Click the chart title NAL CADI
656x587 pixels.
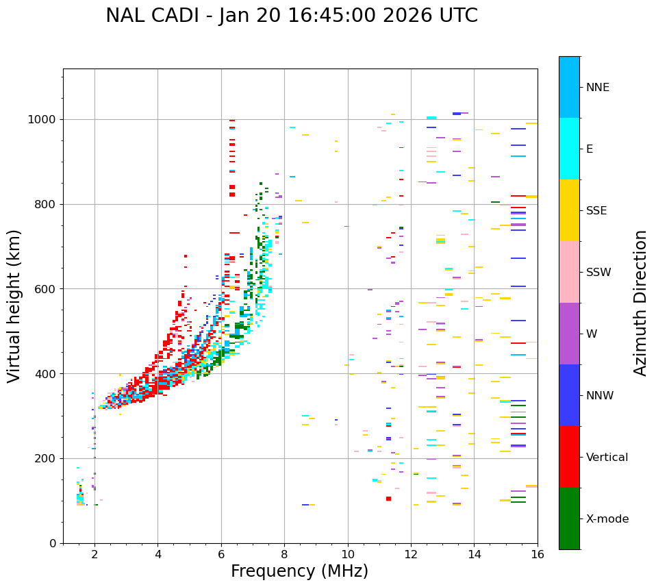coord(292,16)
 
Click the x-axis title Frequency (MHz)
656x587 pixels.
coord(299,571)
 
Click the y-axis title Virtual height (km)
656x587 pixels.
coord(14,306)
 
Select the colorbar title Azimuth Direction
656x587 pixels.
coord(640,303)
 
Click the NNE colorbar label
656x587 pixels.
coord(598,88)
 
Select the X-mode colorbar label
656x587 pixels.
coord(607,519)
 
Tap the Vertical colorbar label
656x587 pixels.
coord(607,458)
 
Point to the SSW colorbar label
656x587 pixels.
coord(598,273)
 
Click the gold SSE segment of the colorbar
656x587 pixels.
coord(569,210)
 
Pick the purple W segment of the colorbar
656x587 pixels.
coord(569,334)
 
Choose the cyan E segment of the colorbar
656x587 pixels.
coord(569,149)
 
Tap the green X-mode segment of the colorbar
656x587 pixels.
coord(569,519)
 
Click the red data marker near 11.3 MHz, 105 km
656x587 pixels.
coord(388,499)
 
